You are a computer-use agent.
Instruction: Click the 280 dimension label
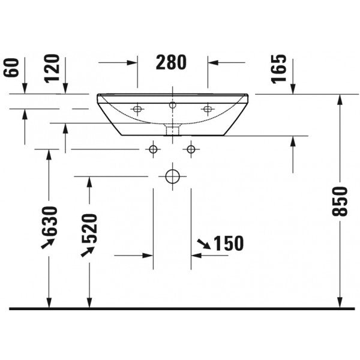[x=171, y=62]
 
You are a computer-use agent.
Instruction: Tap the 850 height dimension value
[x=340, y=202]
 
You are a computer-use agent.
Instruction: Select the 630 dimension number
[x=49, y=221]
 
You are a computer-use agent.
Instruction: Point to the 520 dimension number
[x=90, y=229]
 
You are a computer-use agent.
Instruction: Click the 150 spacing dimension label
[x=229, y=244]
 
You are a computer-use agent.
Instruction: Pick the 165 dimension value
[x=279, y=68]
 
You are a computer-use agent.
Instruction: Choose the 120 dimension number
[x=52, y=68]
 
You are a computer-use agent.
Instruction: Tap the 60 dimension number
[x=11, y=68]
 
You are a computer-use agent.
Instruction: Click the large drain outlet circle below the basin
[x=172, y=176]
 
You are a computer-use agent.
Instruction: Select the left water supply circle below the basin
[x=153, y=149]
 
